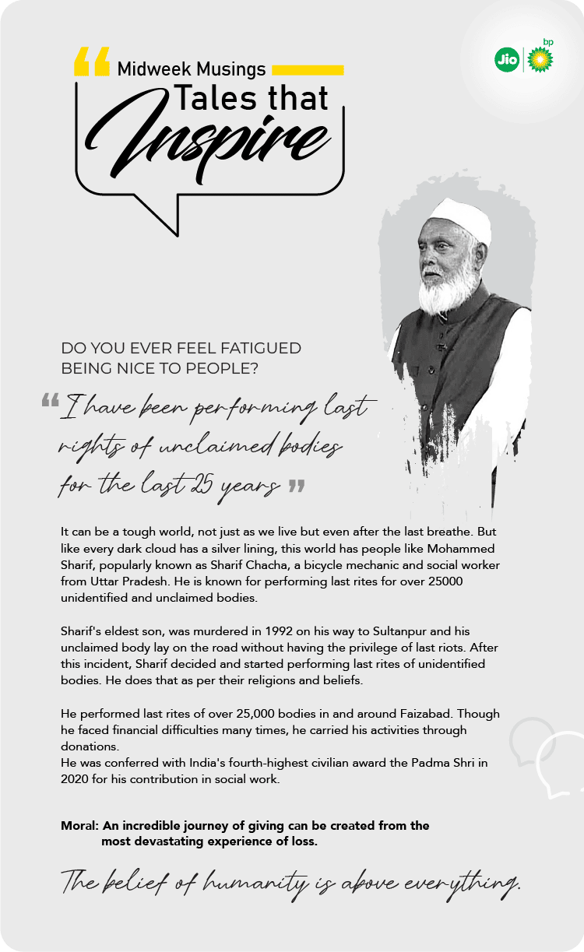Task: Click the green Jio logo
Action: (x=507, y=60)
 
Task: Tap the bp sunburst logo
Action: (x=540, y=59)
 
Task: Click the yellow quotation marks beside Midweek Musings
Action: (x=91, y=62)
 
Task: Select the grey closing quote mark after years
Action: (x=296, y=487)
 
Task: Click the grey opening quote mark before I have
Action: (x=50, y=401)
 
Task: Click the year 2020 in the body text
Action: (x=76, y=778)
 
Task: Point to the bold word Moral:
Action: (x=79, y=825)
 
